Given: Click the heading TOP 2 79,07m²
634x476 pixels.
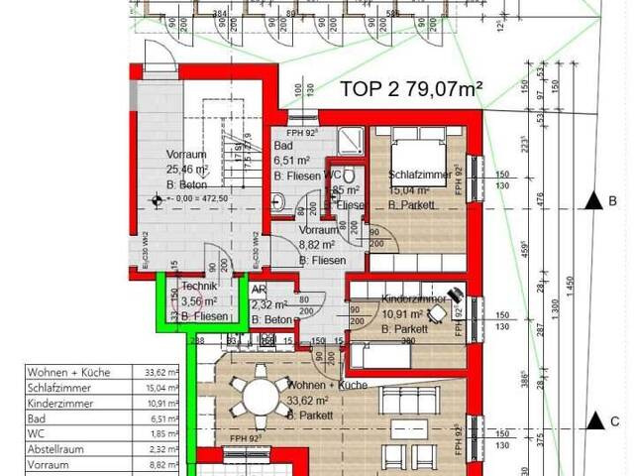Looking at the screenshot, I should (x=411, y=88).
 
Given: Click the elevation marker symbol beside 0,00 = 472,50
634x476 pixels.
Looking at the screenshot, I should (x=156, y=198).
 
